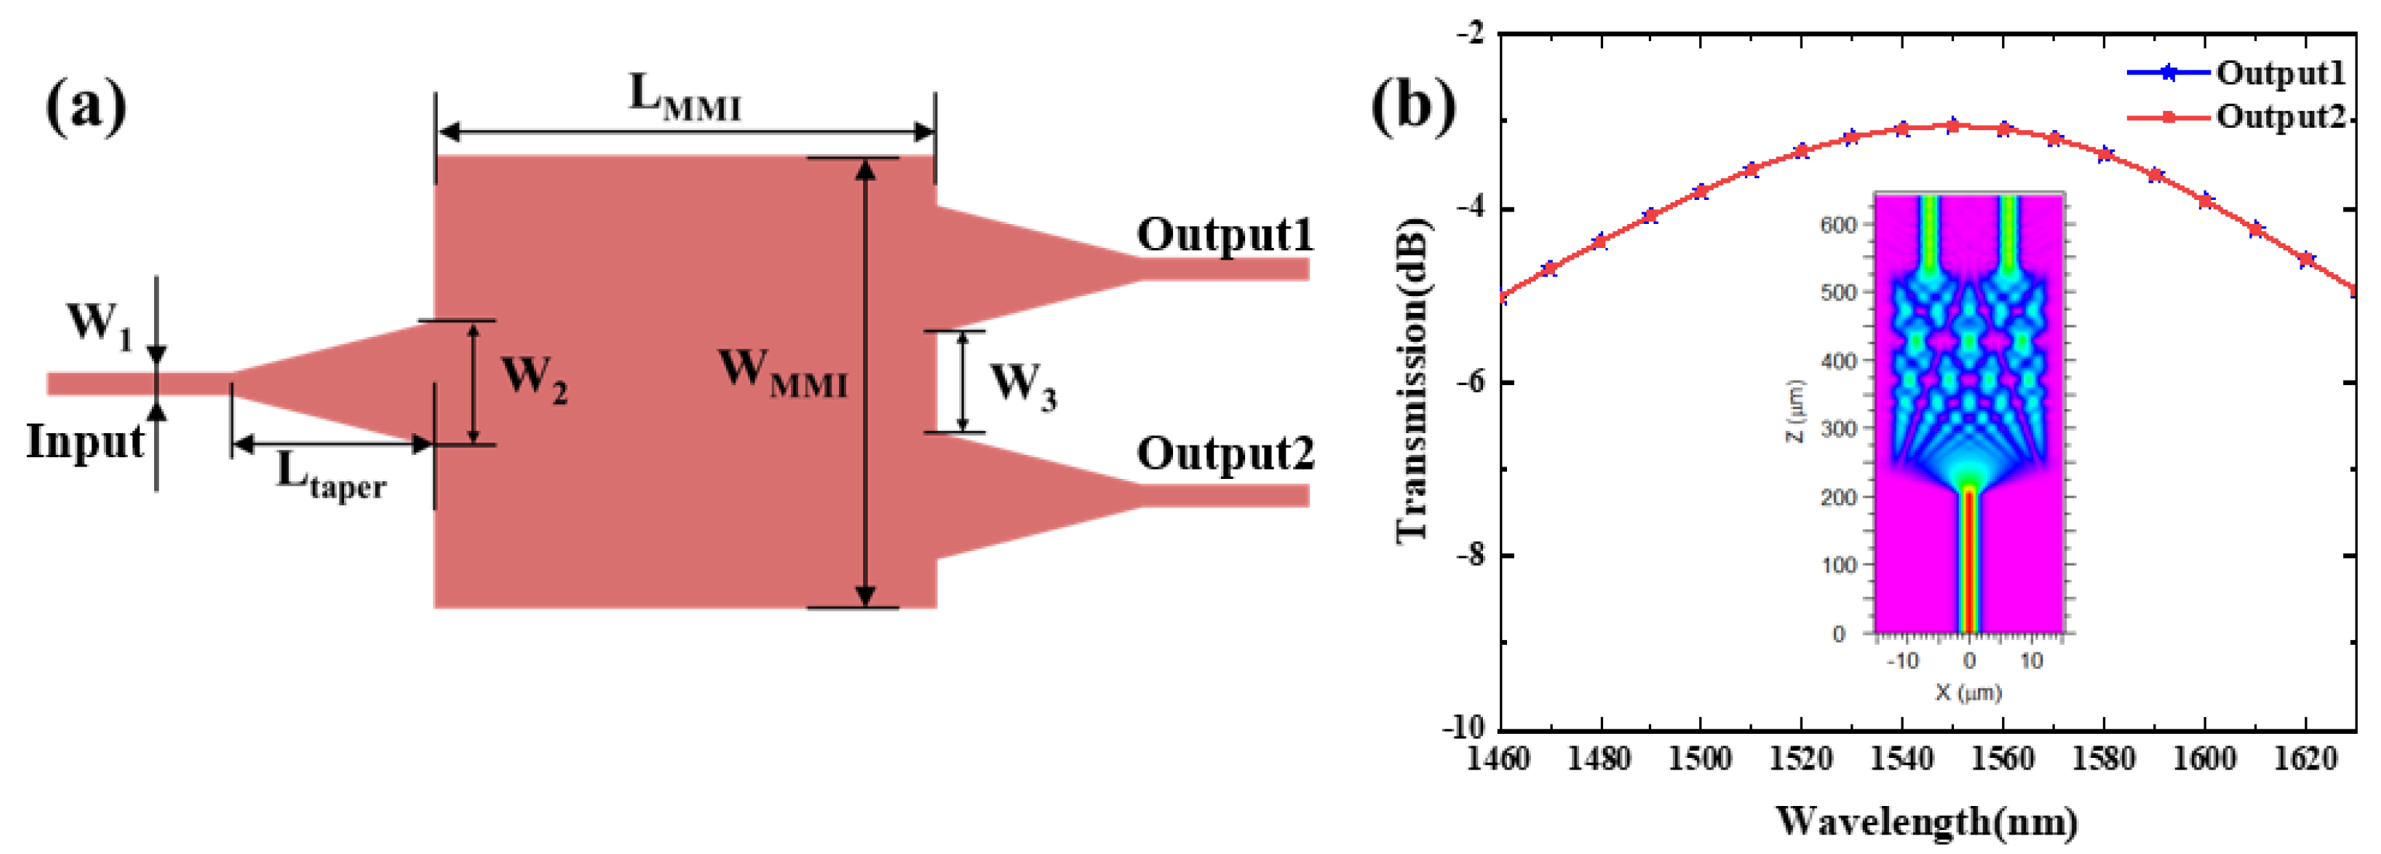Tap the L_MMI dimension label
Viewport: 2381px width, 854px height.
(684, 98)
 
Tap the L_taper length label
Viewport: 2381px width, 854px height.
(331, 476)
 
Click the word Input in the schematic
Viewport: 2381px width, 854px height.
(85, 442)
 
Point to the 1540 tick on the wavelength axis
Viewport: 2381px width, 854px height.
(1901, 759)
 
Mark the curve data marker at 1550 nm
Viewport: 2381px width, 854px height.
(1952, 126)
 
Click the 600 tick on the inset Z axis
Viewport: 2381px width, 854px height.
(1838, 226)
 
